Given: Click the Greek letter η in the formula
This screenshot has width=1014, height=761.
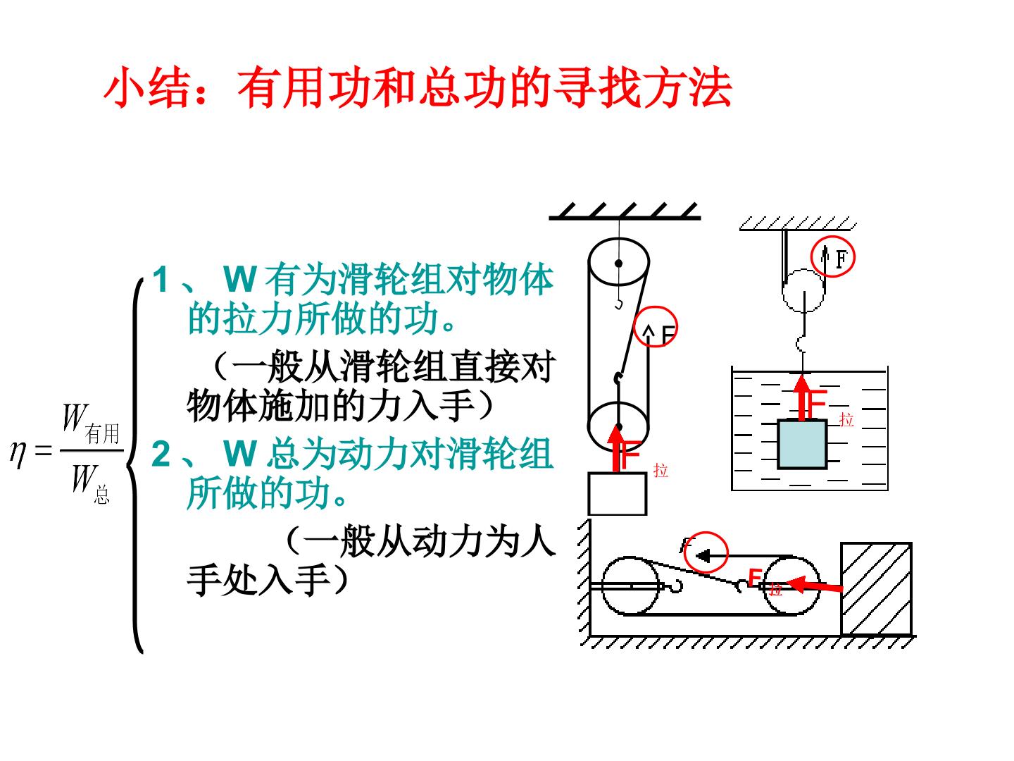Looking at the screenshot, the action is pos(18,454).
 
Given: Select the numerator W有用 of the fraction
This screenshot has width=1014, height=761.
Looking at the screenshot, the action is pos(91,423).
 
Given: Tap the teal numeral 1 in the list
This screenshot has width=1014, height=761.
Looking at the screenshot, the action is pos(161,279).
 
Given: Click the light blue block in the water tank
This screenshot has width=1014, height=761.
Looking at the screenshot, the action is pos(802,444).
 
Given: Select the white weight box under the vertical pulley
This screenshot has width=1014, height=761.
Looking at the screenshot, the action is pos(617,493).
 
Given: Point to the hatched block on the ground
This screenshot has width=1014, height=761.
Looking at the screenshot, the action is pos(876,589).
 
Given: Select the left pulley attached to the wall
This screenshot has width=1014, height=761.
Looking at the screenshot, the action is pos(630,586).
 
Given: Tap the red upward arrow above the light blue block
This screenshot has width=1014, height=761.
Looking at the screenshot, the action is pos(803,397).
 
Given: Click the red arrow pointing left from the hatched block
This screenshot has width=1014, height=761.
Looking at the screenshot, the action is pos(814,585).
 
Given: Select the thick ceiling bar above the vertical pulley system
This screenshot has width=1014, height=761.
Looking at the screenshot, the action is pos(624,218).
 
